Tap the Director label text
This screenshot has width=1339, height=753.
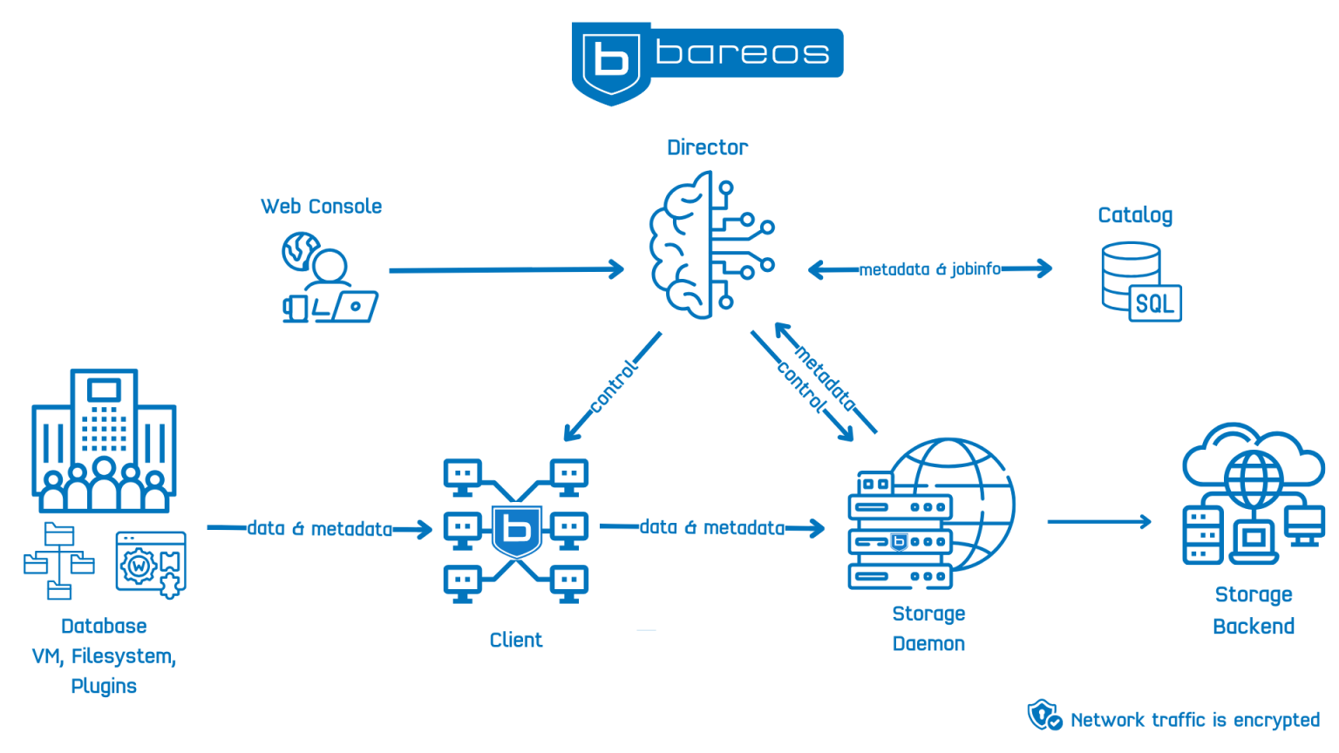[707, 147]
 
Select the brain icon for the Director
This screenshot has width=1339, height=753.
[710, 245]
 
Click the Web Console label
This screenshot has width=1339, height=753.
[321, 207]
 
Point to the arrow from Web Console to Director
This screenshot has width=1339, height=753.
[506, 270]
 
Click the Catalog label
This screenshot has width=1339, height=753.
[1135, 215]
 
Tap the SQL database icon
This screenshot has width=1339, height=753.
[1141, 282]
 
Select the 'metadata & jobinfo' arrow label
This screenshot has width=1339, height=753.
[930, 269]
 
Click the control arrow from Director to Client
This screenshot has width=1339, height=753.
[613, 386]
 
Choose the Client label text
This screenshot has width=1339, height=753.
[516, 640]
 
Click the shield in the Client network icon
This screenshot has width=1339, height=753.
[517, 530]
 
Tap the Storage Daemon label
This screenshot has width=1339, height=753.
[928, 628]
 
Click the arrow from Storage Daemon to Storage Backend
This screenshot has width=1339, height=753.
[1098, 522]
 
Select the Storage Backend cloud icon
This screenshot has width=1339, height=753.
[1253, 493]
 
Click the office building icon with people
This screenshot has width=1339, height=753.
[104, 441]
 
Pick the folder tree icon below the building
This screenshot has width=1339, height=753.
[59, 561]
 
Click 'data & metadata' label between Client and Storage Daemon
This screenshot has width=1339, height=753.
[712, 527]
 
